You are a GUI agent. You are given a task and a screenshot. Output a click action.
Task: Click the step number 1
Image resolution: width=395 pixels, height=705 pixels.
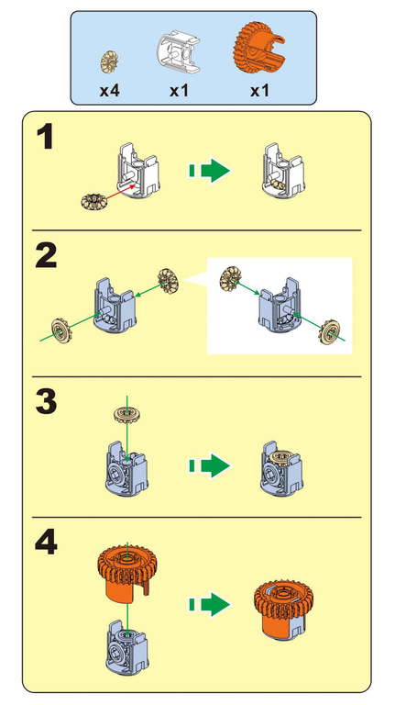[x=46, y=137]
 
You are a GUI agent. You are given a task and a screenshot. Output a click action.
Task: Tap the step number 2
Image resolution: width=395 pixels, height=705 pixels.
[x=46, y=256]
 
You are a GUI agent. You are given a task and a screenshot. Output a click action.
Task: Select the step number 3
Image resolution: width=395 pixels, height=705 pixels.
[x=46, y=402]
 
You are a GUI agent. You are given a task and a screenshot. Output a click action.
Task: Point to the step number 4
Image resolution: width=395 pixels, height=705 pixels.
[x=46, y=543]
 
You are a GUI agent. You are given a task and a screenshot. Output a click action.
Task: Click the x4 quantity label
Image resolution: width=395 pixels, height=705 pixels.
[x=110, y=91]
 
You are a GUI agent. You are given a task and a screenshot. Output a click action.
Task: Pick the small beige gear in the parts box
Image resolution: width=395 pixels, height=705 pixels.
[x=109, y=62]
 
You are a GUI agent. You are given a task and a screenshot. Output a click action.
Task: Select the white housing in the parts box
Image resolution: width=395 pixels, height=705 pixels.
[x=179, y=52]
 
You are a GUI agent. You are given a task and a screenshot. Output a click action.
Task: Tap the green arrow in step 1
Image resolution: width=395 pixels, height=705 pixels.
[x=209, y=171]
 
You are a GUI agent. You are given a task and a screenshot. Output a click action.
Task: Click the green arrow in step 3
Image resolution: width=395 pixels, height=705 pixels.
[x=209, y=465]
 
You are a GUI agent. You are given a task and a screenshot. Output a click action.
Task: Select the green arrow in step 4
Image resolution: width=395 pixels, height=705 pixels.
[x=209, y=604]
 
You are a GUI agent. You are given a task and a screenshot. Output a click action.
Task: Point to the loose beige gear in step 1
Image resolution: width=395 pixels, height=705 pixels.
[x=93, y=201]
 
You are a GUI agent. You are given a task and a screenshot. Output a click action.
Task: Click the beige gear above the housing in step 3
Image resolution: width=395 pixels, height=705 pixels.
[x=127, y=414]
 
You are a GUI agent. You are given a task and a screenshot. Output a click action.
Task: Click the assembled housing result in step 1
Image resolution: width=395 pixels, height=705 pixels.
[x=283, y=171]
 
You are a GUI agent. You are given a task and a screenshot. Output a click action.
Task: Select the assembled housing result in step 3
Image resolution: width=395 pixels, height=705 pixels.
[x=282, y=469]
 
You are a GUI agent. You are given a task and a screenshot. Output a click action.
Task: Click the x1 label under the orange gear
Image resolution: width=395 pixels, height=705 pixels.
[x=259, y=91]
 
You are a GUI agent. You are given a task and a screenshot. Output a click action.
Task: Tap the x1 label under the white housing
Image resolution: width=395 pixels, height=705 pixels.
[x=179, y=91]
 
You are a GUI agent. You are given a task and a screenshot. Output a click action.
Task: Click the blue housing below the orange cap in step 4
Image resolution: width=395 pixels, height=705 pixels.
[x=127, y=646]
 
